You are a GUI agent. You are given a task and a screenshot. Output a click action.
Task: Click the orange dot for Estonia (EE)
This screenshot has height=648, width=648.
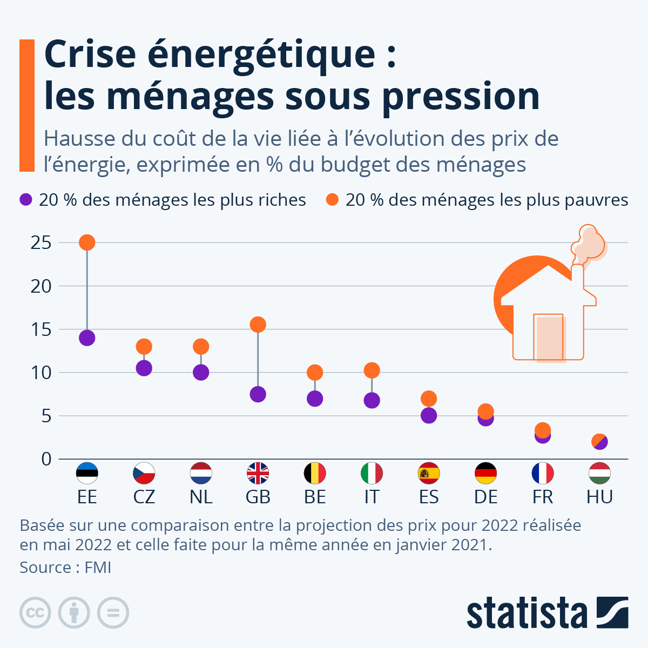(87, 242)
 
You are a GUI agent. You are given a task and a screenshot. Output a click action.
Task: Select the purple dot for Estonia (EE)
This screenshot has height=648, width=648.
(87, 338)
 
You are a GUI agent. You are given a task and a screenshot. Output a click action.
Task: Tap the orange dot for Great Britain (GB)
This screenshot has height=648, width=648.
(258, 325)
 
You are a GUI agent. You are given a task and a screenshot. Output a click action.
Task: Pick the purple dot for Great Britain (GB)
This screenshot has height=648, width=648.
(258, 394)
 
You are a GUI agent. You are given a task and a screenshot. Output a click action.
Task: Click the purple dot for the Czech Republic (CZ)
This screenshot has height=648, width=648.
(144, 368)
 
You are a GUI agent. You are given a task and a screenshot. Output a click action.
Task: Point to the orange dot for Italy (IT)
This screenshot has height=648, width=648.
(372, 370)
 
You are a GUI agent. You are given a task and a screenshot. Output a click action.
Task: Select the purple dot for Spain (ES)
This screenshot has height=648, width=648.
(429, 416)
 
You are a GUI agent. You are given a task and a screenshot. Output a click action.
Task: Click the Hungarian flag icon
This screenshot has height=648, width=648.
(599, 474)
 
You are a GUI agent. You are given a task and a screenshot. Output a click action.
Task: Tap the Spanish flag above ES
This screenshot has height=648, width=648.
(429, 474)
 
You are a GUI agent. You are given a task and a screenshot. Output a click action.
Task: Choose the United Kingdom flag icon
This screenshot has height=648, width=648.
(258, 474)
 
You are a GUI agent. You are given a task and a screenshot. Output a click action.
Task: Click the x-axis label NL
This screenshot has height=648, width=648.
(201, 497)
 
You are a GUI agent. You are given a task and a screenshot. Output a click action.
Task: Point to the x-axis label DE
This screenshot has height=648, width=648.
(485, 497)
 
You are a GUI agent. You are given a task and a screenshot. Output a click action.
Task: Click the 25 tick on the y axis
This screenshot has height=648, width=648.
(41, 243)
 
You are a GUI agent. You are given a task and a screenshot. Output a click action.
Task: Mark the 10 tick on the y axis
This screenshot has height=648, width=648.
(41, 373)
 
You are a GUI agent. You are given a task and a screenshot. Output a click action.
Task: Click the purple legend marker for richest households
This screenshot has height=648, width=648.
(26, 200)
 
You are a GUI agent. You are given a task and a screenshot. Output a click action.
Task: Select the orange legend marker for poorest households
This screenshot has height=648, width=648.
(332, 200)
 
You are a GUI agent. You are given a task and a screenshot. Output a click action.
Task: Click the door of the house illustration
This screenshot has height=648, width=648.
(549, 337)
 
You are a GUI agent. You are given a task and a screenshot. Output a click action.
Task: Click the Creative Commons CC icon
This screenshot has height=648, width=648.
(35, 613)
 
